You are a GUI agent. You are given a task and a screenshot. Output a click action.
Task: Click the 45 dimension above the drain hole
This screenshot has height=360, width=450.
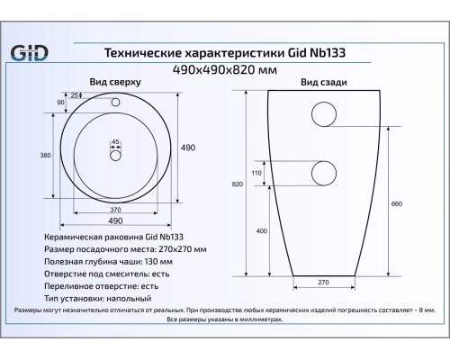(115, 142)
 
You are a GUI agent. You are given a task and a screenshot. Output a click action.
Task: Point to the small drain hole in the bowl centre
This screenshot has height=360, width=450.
(115, 156)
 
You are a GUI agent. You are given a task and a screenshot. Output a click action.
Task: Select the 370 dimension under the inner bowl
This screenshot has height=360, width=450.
(115, 210)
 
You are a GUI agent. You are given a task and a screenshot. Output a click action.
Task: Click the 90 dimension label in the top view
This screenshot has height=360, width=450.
(61, 103)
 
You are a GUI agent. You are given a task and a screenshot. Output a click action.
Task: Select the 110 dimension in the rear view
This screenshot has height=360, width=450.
(256, 173)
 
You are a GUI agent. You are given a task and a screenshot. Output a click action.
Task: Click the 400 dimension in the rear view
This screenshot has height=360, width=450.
(261, 230)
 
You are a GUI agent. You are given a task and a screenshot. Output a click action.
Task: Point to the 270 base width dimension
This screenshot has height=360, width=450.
(323, 283)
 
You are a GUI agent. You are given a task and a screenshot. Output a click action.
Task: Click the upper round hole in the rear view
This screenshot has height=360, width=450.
(323, 115)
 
